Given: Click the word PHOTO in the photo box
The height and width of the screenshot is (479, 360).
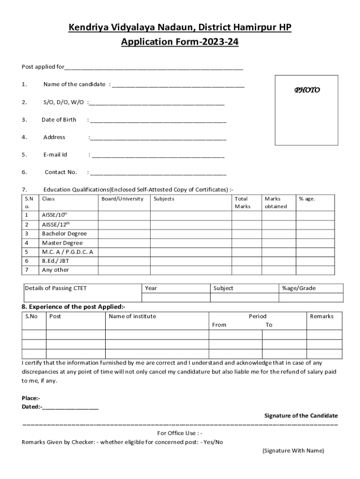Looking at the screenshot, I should click(307, 90).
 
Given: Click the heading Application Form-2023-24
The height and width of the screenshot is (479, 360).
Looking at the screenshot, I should click(180, 42).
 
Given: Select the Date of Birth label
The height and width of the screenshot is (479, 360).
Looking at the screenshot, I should click(59, 120).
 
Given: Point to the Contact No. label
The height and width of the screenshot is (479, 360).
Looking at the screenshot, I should click(61, 172).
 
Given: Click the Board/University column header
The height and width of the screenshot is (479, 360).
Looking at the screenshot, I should click(122, 199).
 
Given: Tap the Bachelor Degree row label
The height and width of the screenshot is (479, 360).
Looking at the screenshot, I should click(65, 233).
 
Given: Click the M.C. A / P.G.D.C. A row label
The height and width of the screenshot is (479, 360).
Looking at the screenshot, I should click(68, 252).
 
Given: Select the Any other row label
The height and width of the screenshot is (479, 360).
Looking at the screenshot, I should click(55, 270).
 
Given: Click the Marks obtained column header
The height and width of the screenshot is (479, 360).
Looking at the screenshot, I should click(276, 203).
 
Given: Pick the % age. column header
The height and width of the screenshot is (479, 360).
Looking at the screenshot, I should click(307, 199).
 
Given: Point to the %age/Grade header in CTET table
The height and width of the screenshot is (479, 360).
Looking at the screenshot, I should click(299, 288).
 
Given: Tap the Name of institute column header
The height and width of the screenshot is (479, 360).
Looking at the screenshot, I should click(132, 316).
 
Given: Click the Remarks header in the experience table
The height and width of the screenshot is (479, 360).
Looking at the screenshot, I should click(322, 316).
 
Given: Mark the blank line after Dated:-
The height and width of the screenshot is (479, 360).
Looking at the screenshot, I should click(71, 408).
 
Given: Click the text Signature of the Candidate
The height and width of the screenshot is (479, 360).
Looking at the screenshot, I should click(301, 415).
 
